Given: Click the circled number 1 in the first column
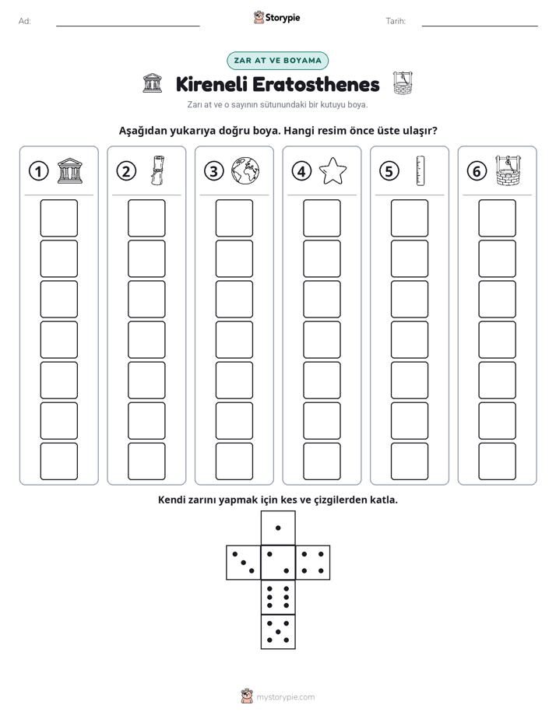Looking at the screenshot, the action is coord(38,171).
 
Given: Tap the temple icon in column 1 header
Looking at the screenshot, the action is coord(70,171).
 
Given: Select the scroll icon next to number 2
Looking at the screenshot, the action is coord(157,170).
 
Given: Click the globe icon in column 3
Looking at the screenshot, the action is coord(245,171).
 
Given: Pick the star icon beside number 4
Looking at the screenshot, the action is coord(333,171).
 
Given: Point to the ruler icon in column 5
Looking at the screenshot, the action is coord(421,170).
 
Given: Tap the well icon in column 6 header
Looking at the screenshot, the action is coord(508,170).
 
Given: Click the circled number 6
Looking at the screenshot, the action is coord(477,171).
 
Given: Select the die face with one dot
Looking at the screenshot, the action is coord(278,528).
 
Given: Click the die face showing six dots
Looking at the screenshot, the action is coord(278,597).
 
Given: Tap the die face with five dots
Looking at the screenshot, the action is coord(278,631).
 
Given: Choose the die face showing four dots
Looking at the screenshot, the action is coord(313,562).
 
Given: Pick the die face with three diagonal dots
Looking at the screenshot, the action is coord(244,562).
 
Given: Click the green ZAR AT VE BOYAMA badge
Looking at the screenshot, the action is coord(277,61).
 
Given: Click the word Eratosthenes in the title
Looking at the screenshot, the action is coord(316,84).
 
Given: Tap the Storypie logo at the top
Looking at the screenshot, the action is coord(276,18).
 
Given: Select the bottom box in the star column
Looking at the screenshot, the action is coord(322,461).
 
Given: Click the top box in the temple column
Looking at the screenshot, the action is coord(58,218).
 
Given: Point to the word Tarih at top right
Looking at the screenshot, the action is coord(396,21).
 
